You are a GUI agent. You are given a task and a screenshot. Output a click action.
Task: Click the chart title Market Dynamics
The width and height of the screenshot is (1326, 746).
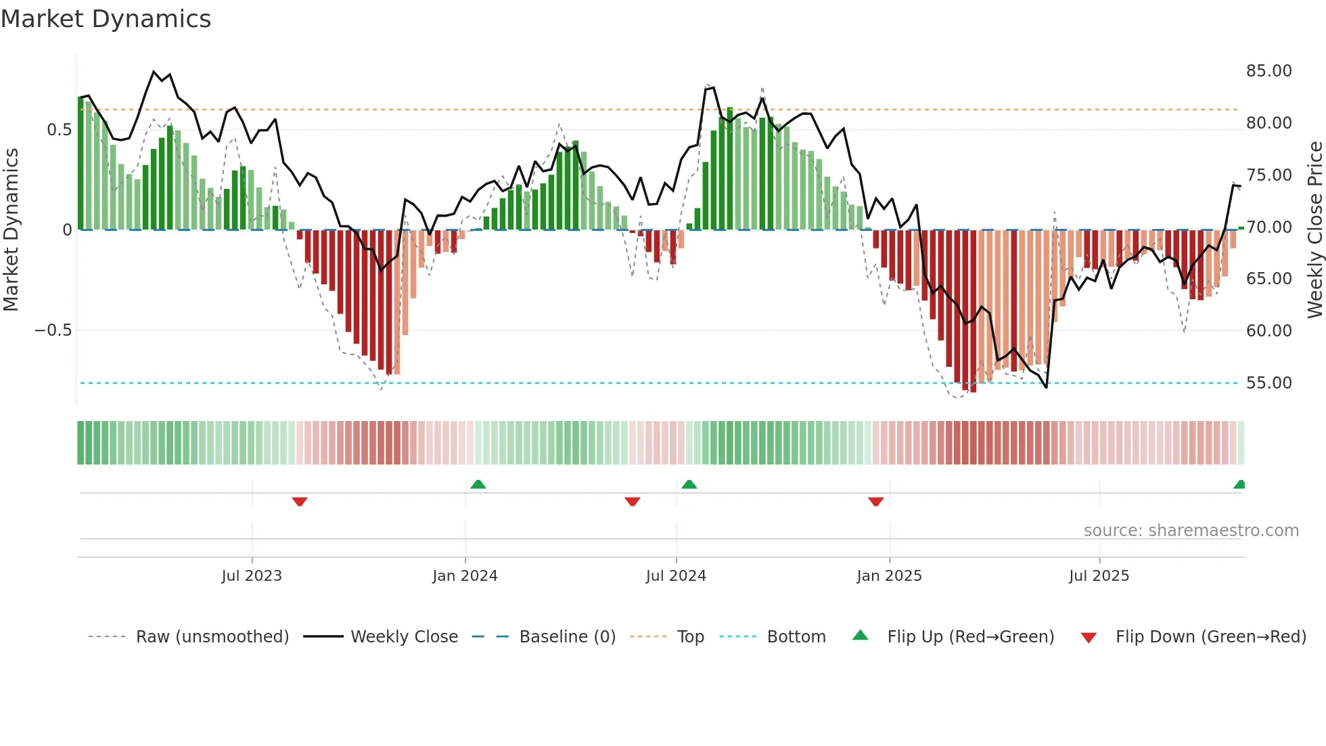pyautogui.click(x=106, y=19)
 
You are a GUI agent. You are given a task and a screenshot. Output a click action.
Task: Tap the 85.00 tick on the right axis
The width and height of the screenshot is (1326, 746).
pyautogui.click(x=1268, y=71)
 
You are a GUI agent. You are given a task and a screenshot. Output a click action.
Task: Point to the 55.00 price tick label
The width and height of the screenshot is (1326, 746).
pyautogui.click(x=1268, y=383)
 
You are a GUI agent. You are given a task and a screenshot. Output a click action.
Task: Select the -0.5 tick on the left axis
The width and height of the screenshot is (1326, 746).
pyautogui.click(x=53, y=330)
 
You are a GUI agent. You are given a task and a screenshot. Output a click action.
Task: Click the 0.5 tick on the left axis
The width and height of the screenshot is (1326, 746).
pyautogui.click(x=59, y=130)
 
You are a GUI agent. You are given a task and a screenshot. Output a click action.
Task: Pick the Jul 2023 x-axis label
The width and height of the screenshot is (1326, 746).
pyautogui.click(x=251, y=576)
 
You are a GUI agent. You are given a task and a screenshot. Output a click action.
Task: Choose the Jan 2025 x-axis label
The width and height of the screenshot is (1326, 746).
pyautogui.click(x=889, y=576)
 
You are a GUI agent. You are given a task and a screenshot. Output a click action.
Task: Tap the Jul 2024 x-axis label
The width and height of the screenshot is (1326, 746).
pyautogui.click(x=676, y=576)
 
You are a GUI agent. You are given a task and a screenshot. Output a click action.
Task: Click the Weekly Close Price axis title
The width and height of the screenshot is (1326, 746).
pyautogui.click(x=1314, y=229)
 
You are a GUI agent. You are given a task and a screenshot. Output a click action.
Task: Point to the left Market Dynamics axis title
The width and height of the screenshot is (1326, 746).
pyautogui.click(x=11, y=229)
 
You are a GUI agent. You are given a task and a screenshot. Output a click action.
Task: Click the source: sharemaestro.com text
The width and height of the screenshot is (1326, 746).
pyautogui.click(x=1191, y=531)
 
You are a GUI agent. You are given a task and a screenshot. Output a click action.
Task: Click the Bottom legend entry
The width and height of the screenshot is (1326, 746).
pyautogui.click(x=796, y=637)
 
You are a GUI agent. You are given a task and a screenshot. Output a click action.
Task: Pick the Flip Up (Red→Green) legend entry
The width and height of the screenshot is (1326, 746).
pyautogui.click(x=970, y=637)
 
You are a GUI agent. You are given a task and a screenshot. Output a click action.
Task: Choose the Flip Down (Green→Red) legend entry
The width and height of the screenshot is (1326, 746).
pyautogui.click(x=1210, y=637)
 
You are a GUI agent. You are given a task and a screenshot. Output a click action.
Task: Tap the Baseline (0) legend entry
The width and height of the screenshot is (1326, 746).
pyautogui.click(x=567, y=637)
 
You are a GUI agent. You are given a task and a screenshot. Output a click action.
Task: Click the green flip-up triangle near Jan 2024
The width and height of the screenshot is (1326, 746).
pyautogui.click(x=478, y=484)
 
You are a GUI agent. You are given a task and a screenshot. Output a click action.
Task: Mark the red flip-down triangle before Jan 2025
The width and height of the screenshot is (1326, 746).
pyautogui.click(x=875, y=502)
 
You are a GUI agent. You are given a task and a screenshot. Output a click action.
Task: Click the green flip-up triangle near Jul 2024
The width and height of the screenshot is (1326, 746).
pyautogui.click(x=689, y=484)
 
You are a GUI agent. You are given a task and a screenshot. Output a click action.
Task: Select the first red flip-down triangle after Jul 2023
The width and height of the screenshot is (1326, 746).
pyautogui.click(x=300, y=502)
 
